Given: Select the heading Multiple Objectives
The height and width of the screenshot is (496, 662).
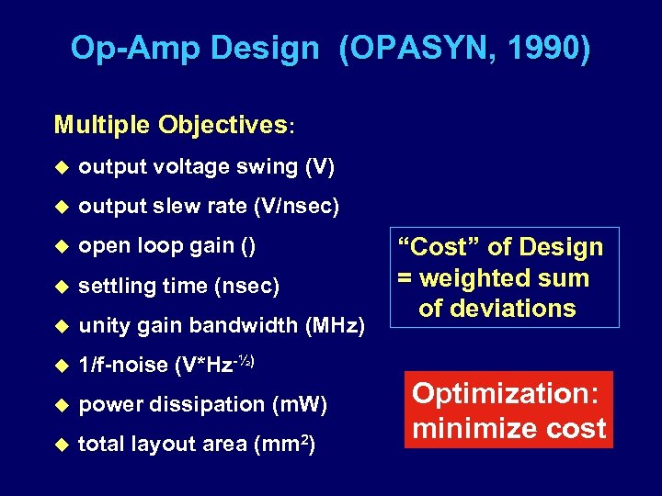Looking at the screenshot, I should point(171,125).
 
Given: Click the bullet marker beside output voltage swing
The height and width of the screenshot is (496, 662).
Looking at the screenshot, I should point(62,167).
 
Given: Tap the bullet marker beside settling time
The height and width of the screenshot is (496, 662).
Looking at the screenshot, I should point(62,287).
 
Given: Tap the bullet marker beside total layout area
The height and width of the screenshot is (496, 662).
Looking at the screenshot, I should point(62,445).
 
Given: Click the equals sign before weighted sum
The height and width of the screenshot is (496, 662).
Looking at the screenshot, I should point(406,277).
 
